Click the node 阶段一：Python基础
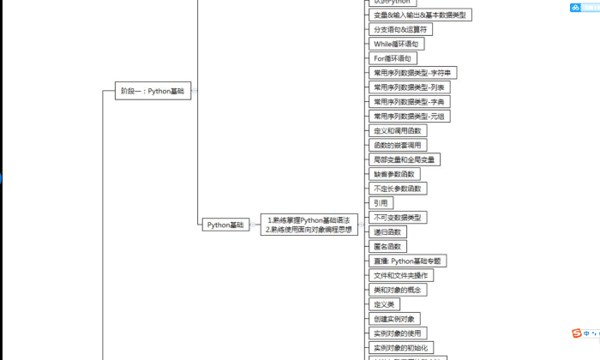coord(153,90)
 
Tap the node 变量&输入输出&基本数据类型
coord(420,15)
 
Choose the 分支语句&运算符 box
coord(400,29)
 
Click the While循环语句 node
coord(395,44)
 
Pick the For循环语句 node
coord(392,58)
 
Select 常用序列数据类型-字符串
coord(415,72)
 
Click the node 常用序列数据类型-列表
coord(410,87)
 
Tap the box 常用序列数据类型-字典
coord(410,101)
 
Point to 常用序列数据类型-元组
coord(410,116)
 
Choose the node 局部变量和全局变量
coord(405,159)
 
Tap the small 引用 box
coord(380,203)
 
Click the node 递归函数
coord(387,231)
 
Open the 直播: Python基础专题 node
coord(408,261)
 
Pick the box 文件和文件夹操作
coord(401,275)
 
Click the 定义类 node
coord(384,303)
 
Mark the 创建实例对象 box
coord(394,318)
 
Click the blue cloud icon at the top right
coord(575,8)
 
